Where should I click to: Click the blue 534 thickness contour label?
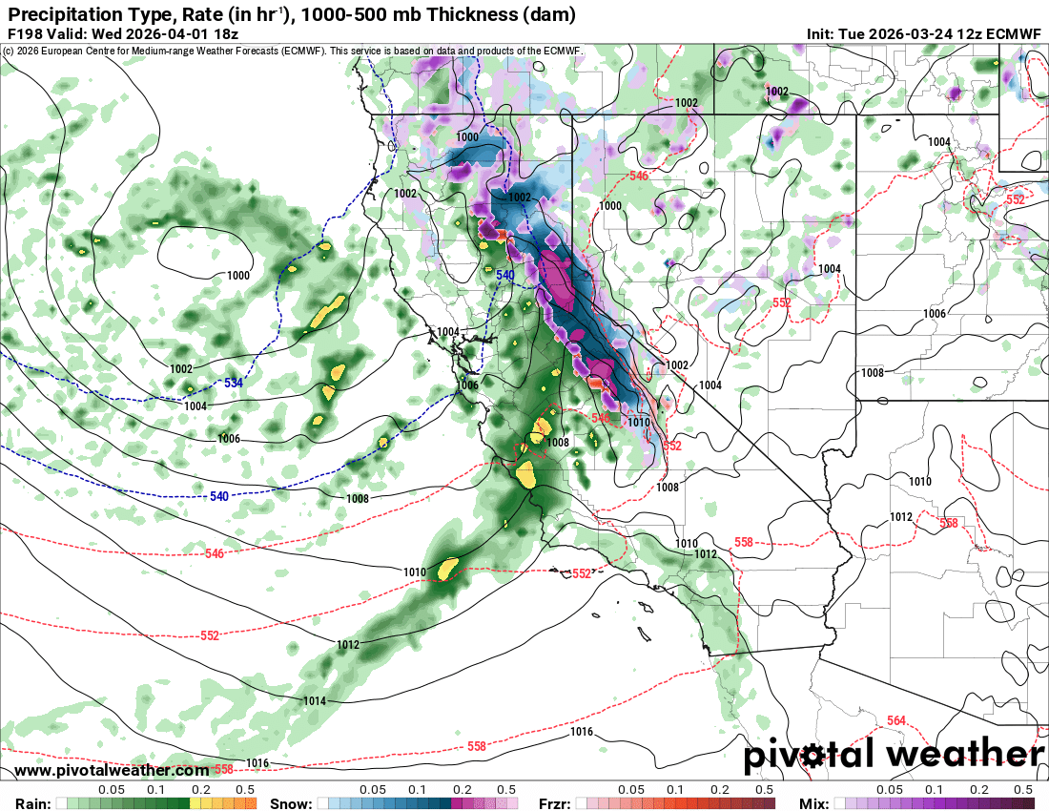[233, 383]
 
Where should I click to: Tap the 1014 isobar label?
[315, 701]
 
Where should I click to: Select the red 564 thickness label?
[895, 720]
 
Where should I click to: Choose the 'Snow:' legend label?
[290, 803]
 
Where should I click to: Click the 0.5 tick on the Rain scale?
[245, 790]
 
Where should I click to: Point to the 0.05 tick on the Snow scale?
[374, 790]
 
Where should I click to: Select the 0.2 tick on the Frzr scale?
[719, 790]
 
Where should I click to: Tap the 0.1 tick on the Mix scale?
[934, 790]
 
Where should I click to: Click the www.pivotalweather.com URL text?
[113, 770]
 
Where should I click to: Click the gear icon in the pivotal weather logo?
[812, 757]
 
